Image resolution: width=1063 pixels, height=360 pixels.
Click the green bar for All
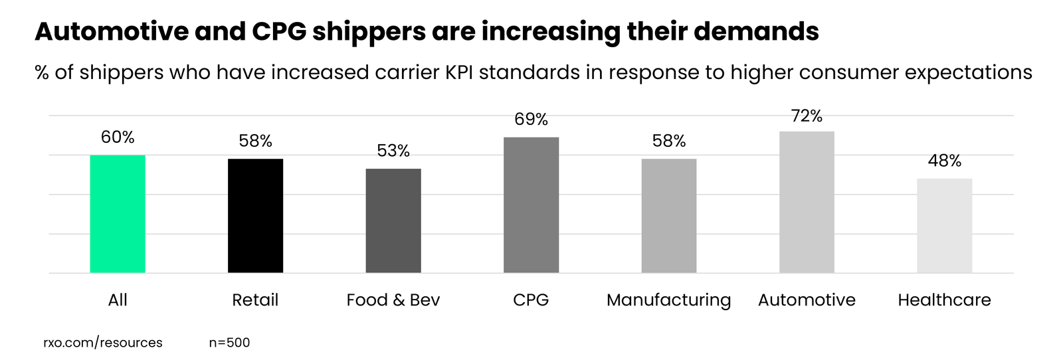(118, 214)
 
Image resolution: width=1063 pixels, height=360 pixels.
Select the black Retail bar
(255, 216)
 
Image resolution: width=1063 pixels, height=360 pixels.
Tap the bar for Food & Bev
(393, 221)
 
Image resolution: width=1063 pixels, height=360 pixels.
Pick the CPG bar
(531, 205)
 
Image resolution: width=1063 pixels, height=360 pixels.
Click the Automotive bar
(807, 202)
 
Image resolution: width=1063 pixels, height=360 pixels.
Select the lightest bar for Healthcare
(944, 226)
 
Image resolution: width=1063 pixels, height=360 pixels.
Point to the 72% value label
(807, 116)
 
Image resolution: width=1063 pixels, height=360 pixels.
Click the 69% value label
(531, 120)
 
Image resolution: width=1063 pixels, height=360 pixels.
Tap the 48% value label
(944, 161)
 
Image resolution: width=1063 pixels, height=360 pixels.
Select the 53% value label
(393, 151)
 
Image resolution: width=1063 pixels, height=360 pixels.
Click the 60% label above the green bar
(118, 137)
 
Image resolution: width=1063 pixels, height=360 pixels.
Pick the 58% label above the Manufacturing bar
(669, 141)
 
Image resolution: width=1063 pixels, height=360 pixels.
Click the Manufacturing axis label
(668, 300)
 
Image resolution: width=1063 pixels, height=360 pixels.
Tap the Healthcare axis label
(944, 300)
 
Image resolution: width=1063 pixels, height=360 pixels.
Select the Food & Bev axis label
(393, 300)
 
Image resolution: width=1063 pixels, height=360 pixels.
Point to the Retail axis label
(255, 300)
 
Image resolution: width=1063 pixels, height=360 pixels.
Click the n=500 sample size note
(229, 343)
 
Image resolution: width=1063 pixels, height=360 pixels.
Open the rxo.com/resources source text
(103, 343)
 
